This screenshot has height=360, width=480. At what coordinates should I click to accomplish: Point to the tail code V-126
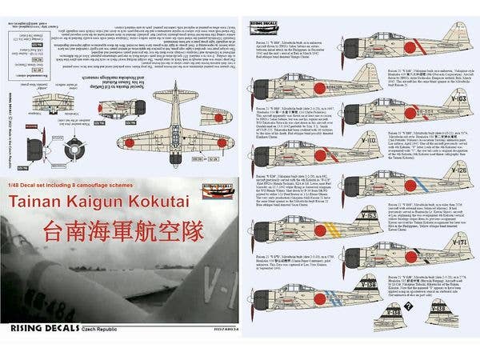pos(458,171)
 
